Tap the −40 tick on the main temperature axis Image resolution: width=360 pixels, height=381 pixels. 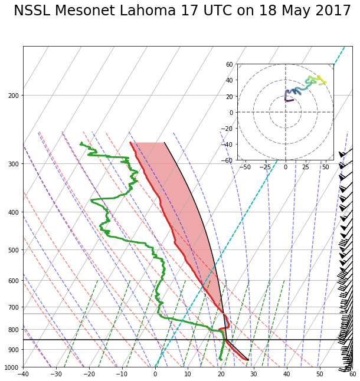pos(23,374)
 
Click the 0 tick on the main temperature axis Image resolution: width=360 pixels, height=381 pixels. pos(155,374)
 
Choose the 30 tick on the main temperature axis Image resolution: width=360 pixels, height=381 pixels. pos(254,374)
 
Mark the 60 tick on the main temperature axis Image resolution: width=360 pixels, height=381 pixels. pos(352,374)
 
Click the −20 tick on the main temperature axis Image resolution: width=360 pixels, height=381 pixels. pos(89,374)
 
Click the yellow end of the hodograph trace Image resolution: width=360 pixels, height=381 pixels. pos(325,82)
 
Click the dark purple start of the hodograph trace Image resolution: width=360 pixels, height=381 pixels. pos(293,100)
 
